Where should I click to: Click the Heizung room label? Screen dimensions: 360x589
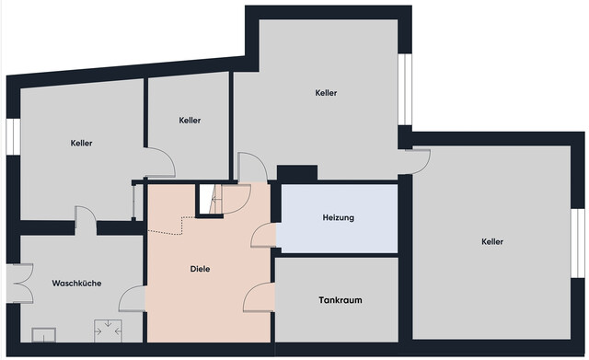click(x=338, y=218)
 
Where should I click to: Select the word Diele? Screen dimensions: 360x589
click(x=200, y=269)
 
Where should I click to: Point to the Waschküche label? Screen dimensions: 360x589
click(x=76, y=284)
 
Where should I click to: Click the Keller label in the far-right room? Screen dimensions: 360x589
click(x=492, y=242)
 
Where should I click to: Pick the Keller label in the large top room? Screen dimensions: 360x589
click(x=326, y=93)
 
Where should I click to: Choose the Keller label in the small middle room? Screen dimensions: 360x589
click(x=191, y=121)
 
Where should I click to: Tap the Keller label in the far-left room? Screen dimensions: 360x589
click(x=81, y=144)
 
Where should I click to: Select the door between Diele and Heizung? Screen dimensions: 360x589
click(x=264, y=236)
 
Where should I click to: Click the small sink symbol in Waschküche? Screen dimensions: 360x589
click(x=43, y=333)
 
